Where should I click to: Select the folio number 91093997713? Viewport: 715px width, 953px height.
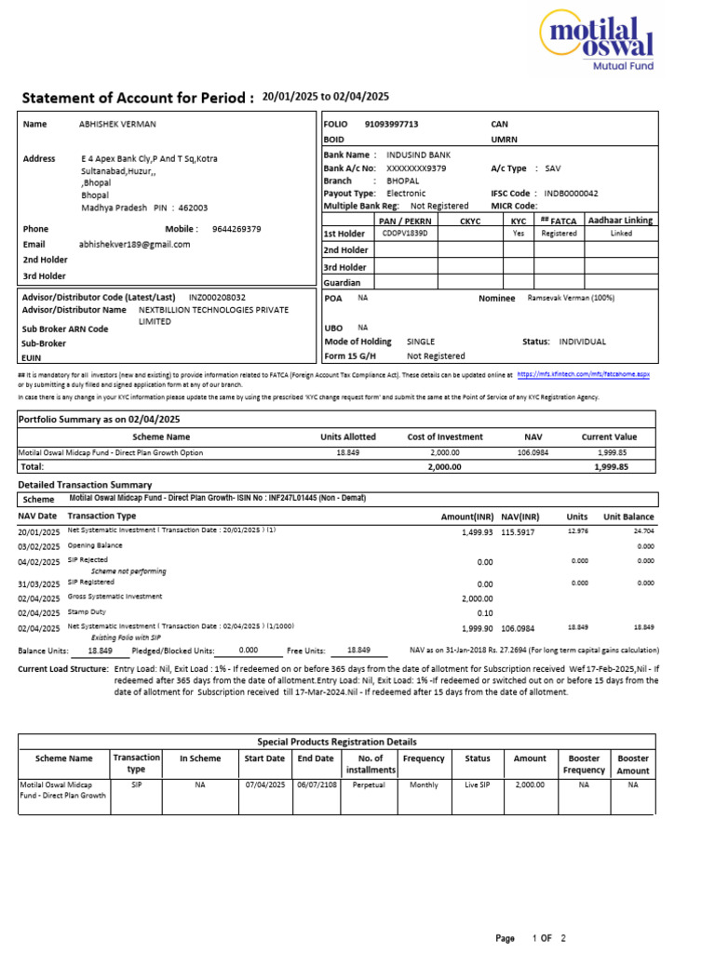391,124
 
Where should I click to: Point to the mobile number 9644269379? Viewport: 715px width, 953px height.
236,229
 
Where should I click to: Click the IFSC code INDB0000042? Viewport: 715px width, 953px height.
571,193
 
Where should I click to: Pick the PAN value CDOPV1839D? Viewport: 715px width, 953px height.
402,235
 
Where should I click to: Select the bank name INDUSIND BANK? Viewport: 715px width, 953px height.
419,154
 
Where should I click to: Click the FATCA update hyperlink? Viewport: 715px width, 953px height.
583,373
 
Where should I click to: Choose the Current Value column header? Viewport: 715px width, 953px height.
609,436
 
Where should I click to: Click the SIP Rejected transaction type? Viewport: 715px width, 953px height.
88,560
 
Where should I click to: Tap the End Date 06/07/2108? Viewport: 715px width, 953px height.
316,785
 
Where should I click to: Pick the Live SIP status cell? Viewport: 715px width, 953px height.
477,785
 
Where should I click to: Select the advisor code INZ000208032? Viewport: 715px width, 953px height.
217,297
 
